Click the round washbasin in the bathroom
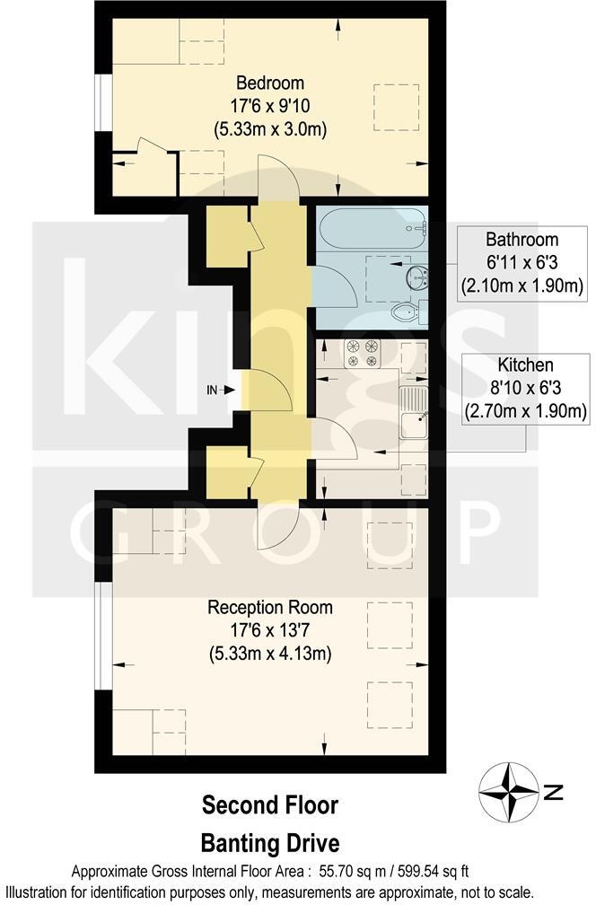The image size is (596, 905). tap(418, 277)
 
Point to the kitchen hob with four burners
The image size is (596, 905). tap(362, 354)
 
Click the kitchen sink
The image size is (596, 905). tap(414, 423)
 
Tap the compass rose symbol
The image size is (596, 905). tap(509, 792)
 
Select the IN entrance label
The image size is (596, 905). tap(212, 390)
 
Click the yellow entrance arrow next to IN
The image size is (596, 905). tap(230, 390)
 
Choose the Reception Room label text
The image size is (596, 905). tap(269, 607)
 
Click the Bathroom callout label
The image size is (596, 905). tap(521, 240)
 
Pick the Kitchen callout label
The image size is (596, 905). tap(524, 365)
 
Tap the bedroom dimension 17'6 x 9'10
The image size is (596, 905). tap(269, 106)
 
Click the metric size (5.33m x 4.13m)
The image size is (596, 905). tap(269, 653)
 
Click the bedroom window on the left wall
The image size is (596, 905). tap(103, 108)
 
